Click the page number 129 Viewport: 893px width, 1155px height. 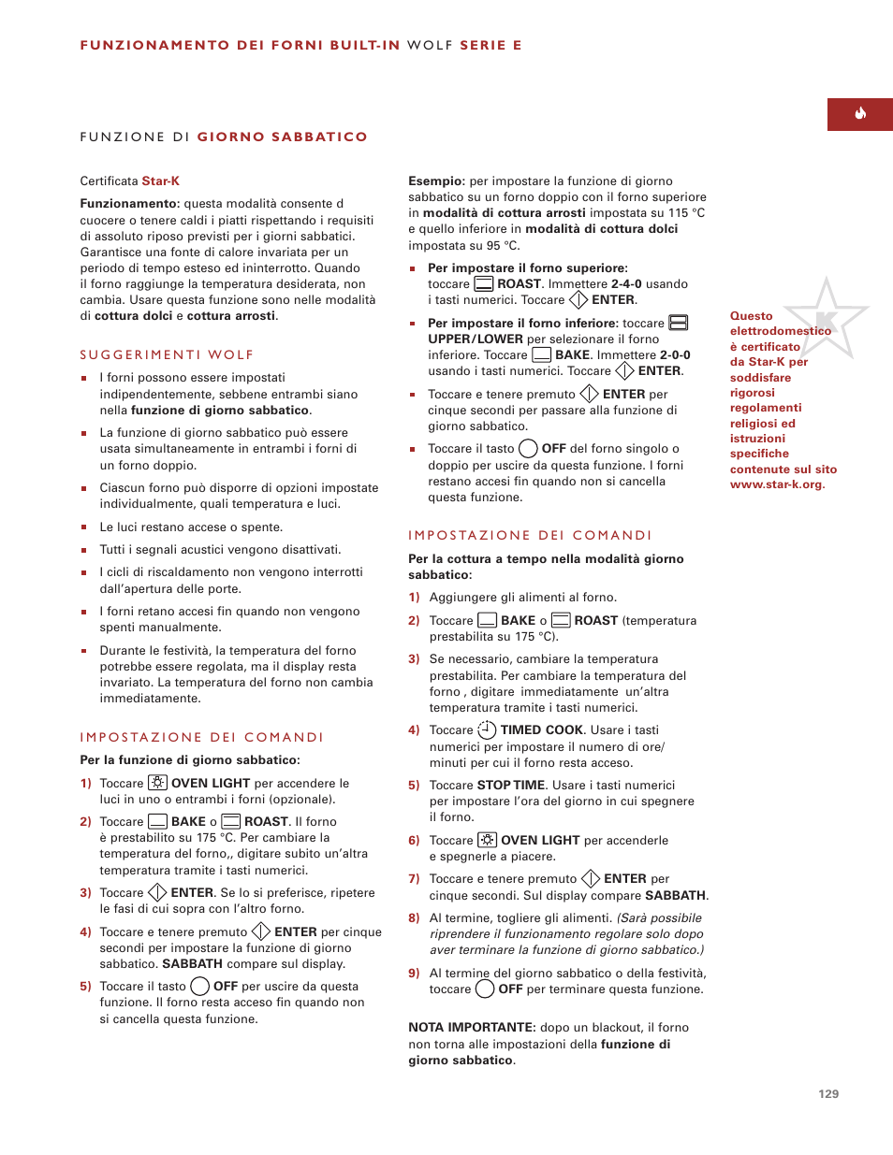pyautogui.click(x=828, y=1093)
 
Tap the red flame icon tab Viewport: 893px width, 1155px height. pyautogui.click(x=859, y=114)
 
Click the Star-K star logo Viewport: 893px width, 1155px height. pyautogui.click(x=826, y=319)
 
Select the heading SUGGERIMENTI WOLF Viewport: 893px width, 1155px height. pyautogui.click(x=167, y=354)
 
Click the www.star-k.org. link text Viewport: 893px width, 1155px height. pyautogui.click(x=777, y=484)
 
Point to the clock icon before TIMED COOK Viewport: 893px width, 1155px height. pyautogui.click(x=487, y=730)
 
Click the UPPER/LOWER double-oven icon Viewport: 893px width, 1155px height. pyautogui.click(x=679, y=323)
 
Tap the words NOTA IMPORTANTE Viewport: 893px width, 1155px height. pyautogui.click(x=472, y=1028)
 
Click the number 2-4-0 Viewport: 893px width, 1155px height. pyautogui.click(x=626, y=284)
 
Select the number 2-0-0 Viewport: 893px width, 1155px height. pyautogui.click(x=675, y=355)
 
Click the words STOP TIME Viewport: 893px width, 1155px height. pyautogui.click(x=511, y=786)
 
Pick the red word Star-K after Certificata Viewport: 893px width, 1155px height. pyautogui.click(x=160, y=181)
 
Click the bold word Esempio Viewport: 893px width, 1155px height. pyautogui.click(x=436, y=181)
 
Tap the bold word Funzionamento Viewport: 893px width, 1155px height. pyautogui.click(x=129, y=204)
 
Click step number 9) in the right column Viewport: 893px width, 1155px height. pyautogui.click(x=414, y=973)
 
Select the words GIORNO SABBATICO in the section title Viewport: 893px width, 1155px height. pyautogui.click(x=282, y=137)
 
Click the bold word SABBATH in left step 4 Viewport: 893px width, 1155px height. pyautogui.click(x=192, y=964)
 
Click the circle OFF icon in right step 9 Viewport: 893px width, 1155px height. pyautogui.click(x=485, y=989)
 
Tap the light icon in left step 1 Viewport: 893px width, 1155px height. pyautogui.click(x=157, y=783)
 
